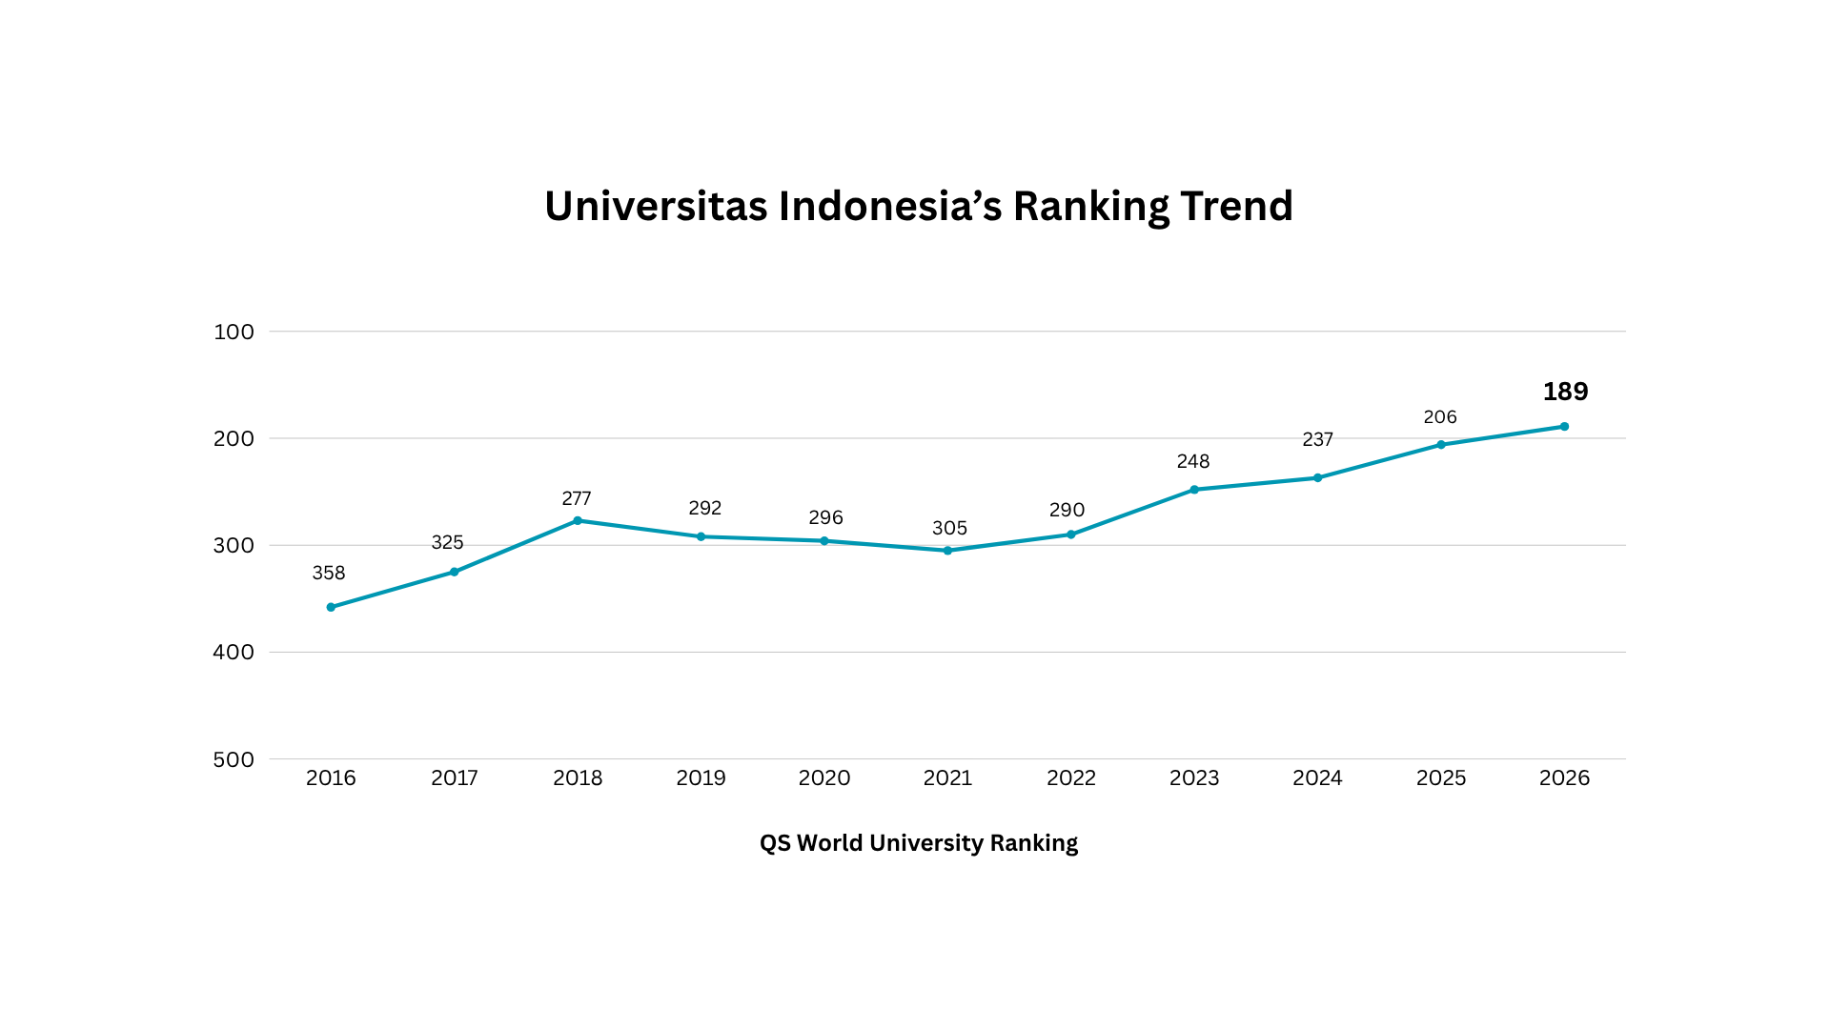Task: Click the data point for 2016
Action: click(331, 607)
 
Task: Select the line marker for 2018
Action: click(578, 521)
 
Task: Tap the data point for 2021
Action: click(947, 551)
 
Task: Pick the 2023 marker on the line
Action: click(1194, 490)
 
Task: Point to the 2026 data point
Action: click(1564, 427)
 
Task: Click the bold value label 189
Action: click(1565, 392)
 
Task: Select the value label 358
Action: click(329, 573)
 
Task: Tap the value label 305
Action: click(949, 528)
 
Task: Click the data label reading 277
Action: click(577, 498)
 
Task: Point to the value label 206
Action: click(1440, 417)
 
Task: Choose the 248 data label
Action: click(1193, 461)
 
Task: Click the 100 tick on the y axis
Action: click(234, 332)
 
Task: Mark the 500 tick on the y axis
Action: click(234, 759)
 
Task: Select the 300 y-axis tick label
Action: click(234, 545)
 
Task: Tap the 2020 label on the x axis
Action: click(824, 777)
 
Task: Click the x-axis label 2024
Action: click(1317, 777)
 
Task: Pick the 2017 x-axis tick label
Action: click(455, 777)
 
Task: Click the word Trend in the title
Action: click(1236, 206)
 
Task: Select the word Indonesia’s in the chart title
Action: click(890, 206)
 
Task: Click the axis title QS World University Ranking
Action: click(919, 843)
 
